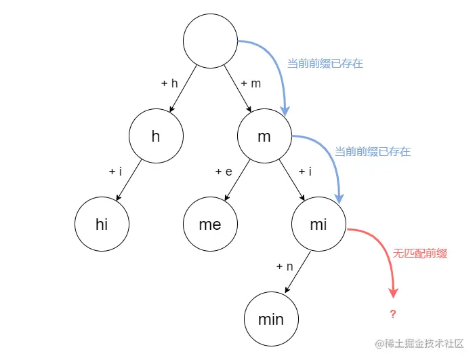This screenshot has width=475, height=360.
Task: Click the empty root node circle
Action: (x=210, y=41)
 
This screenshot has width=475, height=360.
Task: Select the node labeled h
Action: (x=156, y=136)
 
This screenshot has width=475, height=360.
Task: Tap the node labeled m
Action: (x=264, y=136)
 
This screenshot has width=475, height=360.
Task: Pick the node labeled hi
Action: (x=102, y=224)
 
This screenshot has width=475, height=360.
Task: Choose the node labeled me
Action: (x=210, y=224)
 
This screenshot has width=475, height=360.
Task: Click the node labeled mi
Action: (x=318, y=224)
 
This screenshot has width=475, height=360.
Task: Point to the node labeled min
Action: (x=271, y=319)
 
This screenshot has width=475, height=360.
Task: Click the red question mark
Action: (x=392, y=315)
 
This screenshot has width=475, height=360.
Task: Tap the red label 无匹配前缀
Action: (x=420, y=254)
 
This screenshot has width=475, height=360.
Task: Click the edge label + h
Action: (x=169, y=83)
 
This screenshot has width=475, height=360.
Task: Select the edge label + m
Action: (x=250, y=83)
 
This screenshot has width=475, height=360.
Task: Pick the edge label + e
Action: (x=224, y=172)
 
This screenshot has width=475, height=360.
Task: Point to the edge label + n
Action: (x=285, y=266)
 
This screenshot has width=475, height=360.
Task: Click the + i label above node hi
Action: (x=115, y=172)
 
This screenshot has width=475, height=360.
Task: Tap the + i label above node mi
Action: (x=305, y=172)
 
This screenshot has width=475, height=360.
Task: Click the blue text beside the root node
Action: (x=325, y=64)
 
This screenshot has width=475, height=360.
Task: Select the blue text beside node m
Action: (x=373, y=152)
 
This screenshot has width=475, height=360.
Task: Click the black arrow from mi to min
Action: (x=298, y=271)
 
